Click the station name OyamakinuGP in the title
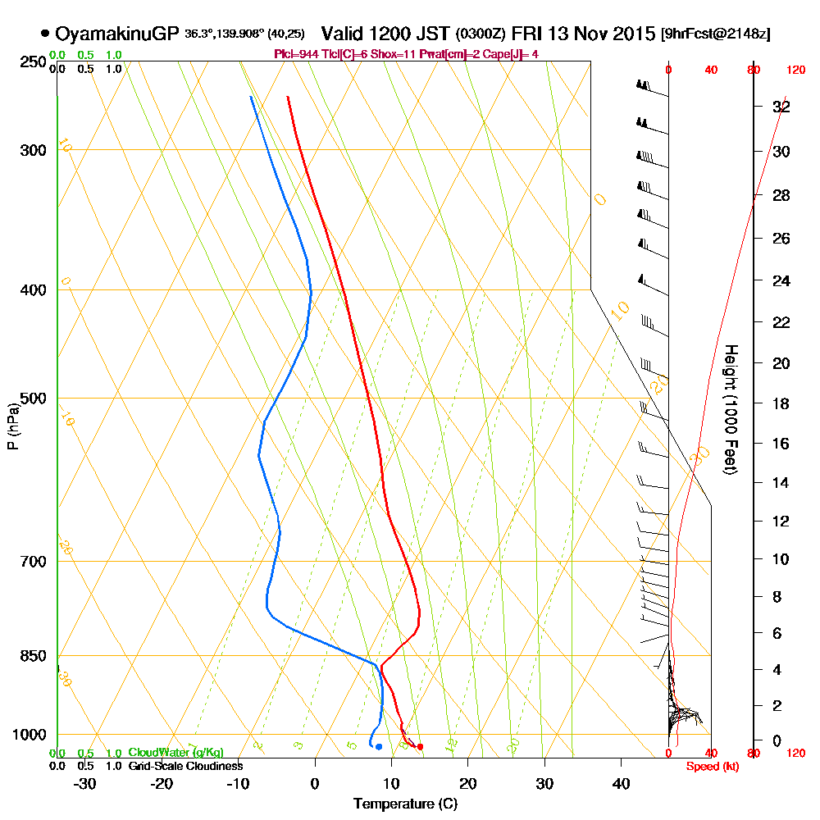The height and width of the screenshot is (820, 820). pos(116,34)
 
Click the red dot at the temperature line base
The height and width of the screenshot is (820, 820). pos(420,746)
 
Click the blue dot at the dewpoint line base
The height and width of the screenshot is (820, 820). pos(378,746)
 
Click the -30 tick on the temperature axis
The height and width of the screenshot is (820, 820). pos(85,782)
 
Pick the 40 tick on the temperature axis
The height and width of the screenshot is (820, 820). pos(622,782)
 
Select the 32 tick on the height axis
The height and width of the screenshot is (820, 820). pos(781,107)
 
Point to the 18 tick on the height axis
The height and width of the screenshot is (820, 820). pos(781,403)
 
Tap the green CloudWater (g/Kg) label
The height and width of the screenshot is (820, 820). pos(175,753)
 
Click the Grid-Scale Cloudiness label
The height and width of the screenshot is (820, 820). pos(185,766)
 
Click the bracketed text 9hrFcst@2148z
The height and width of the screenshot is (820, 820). pos(716,34)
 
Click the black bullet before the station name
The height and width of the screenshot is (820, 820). pos(44,34)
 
